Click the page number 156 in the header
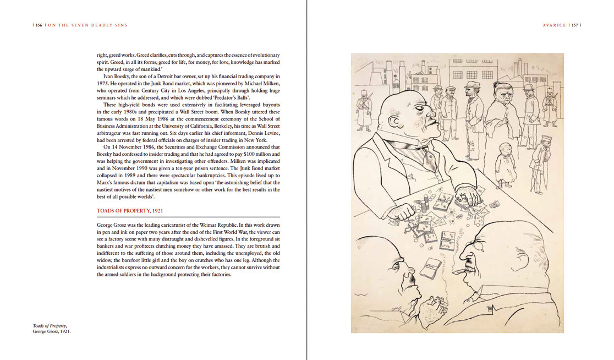click(x=39, y=25)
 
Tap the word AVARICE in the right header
click(x=554, y=25)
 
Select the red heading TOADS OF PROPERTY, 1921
click(x=130, y=211)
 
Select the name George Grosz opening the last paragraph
click(x=112, y=225)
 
